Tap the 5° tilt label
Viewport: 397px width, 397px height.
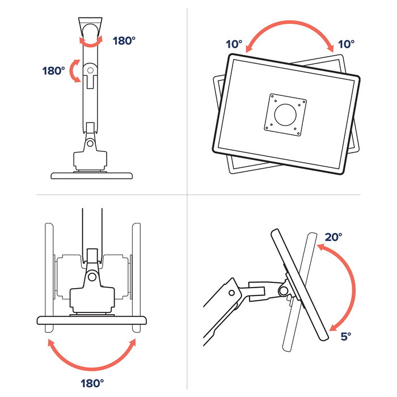[346, 336]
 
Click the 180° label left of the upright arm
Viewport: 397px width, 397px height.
[53, 71]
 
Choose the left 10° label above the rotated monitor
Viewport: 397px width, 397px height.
[234, 44]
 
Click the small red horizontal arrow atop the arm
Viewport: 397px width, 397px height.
[91, 41]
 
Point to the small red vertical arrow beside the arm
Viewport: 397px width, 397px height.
[75, 71]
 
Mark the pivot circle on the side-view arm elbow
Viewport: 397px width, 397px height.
[231, 293]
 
